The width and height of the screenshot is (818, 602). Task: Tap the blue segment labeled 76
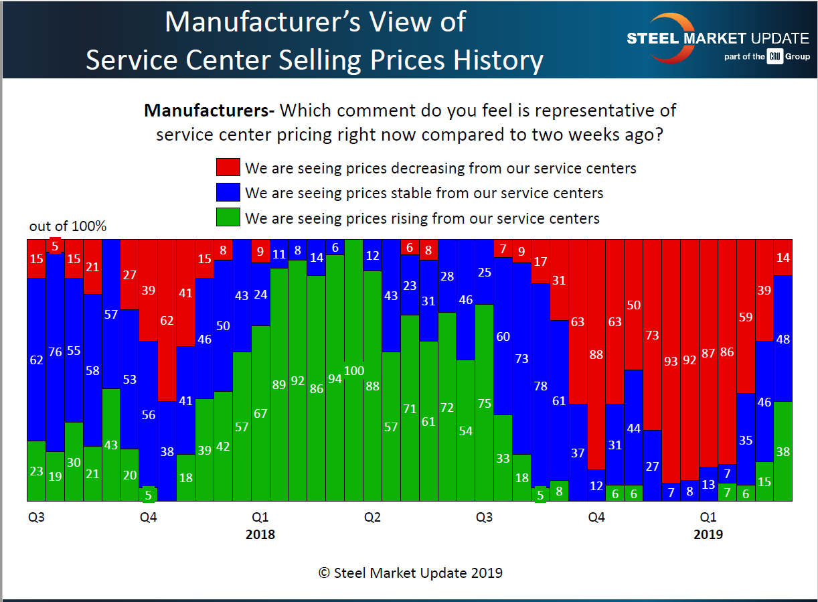[55, 352]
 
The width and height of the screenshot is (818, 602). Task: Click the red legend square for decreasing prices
[228, 168]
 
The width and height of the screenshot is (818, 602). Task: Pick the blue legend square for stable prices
[228, 194]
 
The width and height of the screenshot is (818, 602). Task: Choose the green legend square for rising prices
[228, 218]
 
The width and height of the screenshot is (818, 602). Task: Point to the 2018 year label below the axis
[260, 535]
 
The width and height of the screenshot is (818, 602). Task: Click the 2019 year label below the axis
[708, 535]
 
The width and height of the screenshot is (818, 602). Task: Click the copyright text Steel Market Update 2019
[410, 573]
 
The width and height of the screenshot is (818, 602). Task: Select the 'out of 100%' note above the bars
[68, 226]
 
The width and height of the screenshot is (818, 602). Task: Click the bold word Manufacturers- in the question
[210, 110]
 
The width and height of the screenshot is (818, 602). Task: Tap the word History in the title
[495, 60]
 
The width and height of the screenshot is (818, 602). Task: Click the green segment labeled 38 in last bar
[783, 451]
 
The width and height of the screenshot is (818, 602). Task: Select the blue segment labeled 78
[540, 386]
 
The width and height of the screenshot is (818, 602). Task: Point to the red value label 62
[167, 321]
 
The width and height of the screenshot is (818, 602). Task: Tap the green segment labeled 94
[335, 378]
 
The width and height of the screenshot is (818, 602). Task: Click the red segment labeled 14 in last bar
[783, 257]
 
